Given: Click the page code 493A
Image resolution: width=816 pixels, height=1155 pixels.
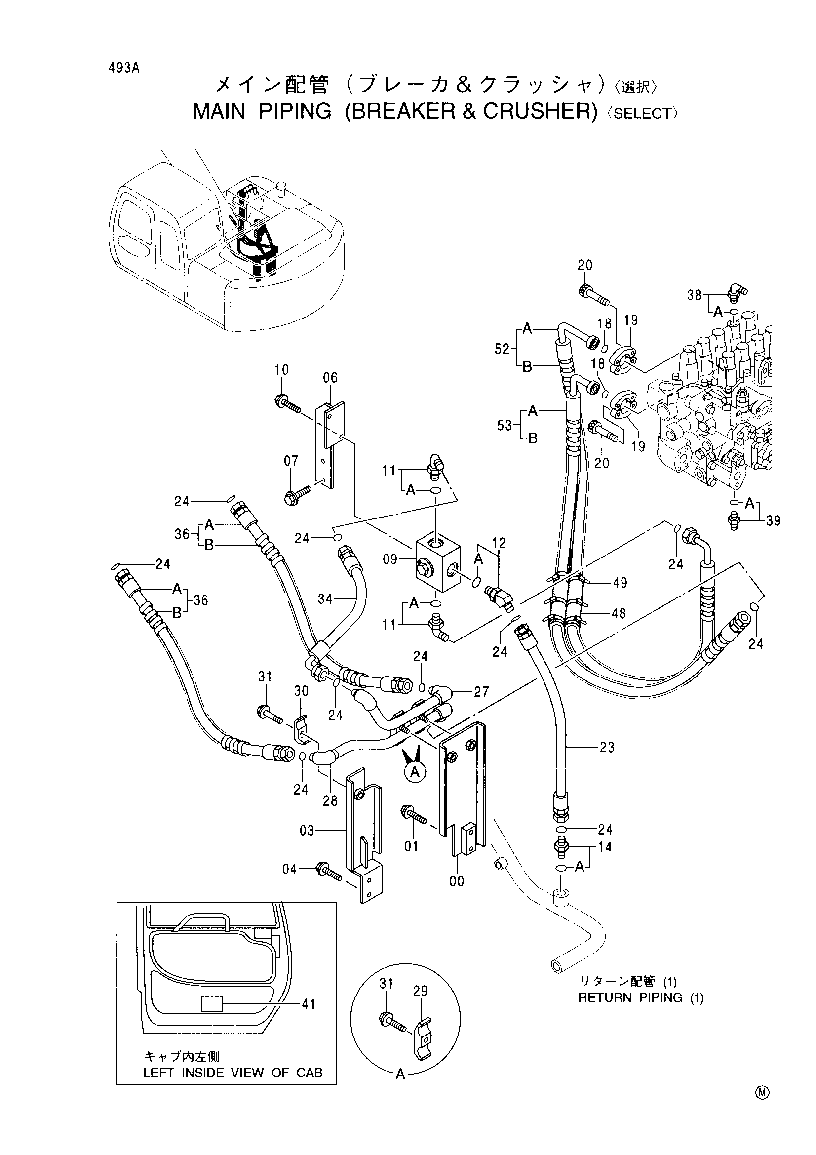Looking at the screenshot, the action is point(123,69).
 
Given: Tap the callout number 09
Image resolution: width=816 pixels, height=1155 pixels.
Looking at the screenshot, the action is point(390,559).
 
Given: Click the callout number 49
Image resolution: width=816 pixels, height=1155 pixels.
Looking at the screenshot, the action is point(620,583).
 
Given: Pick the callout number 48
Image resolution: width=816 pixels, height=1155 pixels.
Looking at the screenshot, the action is point(619,613).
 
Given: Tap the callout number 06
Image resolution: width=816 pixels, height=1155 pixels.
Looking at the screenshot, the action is point(330,377).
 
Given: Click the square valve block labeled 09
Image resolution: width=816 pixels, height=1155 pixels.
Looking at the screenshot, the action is point(438,562).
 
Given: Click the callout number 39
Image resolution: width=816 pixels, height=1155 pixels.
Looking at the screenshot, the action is point(773,520).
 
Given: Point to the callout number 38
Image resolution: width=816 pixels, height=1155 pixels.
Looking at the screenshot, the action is point(695,295).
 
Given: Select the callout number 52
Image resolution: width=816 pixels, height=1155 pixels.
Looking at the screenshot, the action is point(502,349).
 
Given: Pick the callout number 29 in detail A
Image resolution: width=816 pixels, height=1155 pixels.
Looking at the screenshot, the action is point(420,991).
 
